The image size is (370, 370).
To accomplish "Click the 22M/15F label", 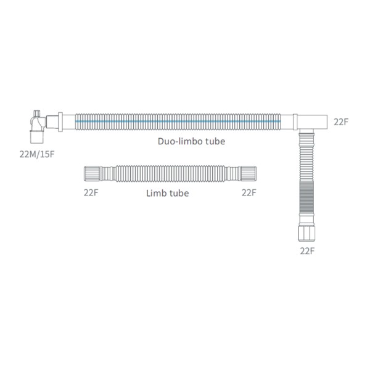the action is click(37, 154).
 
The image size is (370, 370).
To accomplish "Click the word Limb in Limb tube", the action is click(154, 193).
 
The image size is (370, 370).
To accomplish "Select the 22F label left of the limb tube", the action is click(91, 193).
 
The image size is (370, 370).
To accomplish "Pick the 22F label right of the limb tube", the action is click(249, 193).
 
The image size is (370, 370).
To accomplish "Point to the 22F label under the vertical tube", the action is click(307, 251).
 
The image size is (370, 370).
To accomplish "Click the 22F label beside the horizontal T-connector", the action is click(341, 122).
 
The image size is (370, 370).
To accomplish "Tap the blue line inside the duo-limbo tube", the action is click(178, 121).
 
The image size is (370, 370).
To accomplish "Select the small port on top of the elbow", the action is click(37, 113).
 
